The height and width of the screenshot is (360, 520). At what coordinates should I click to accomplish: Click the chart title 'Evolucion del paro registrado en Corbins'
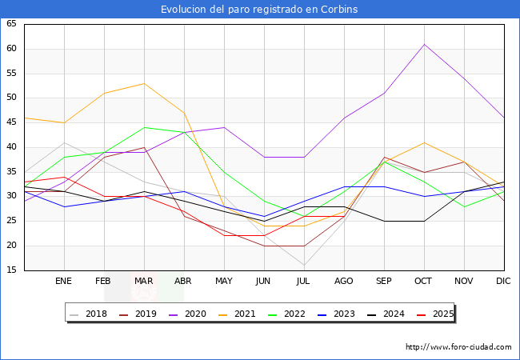[x=259, y=10]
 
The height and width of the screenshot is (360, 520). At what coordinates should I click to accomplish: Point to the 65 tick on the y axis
[x=11, y=24]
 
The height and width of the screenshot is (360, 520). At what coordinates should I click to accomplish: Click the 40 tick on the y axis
[x=11, y=147]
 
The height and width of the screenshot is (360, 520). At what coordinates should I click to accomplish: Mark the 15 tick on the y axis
[x=11, y=270]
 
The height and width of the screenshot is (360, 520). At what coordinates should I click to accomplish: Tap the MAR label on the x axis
[x=144, y=282]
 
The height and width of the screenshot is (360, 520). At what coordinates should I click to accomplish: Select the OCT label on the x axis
[x=424, y=282]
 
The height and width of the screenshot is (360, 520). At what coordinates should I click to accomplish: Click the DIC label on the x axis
[x=503, y=282]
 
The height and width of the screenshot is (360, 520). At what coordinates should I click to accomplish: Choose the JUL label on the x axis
[x=304, y=282]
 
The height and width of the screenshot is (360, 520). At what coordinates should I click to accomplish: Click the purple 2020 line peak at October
[x=424, y=44]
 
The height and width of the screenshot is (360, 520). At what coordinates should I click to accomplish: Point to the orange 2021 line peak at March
[x=144, y=83]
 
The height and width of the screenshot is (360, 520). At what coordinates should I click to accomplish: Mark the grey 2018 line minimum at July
[x=304, y=265]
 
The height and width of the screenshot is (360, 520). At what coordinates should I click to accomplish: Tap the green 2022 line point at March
[x=144, y=127]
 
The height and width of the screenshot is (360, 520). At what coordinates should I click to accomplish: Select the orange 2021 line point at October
[x=424, y=142]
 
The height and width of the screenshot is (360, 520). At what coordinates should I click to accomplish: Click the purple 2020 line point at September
[x=384, y=93]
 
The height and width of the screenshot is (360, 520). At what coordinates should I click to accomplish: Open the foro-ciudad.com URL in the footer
[x=458, y=347]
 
